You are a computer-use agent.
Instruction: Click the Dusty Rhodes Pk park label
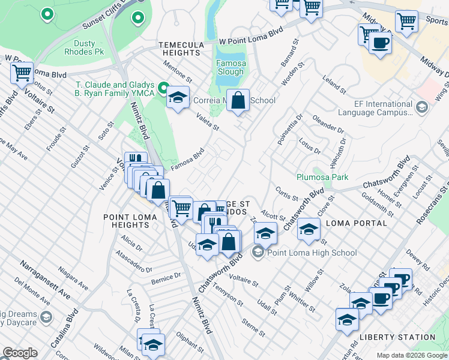pos(76,48)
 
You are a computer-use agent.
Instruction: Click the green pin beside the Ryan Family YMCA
pos(162,89)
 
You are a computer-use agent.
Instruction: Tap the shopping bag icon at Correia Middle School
pos(238,101)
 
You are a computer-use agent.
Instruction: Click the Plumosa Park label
pos(322,177)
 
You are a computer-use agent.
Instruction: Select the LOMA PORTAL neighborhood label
pos(356,223)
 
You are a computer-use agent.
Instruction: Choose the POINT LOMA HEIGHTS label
pos(126,221)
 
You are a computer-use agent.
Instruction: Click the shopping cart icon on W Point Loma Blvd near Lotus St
pos(22,74)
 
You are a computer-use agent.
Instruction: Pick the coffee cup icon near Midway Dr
pos(381,44)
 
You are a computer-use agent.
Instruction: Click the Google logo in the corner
pos(20,353)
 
